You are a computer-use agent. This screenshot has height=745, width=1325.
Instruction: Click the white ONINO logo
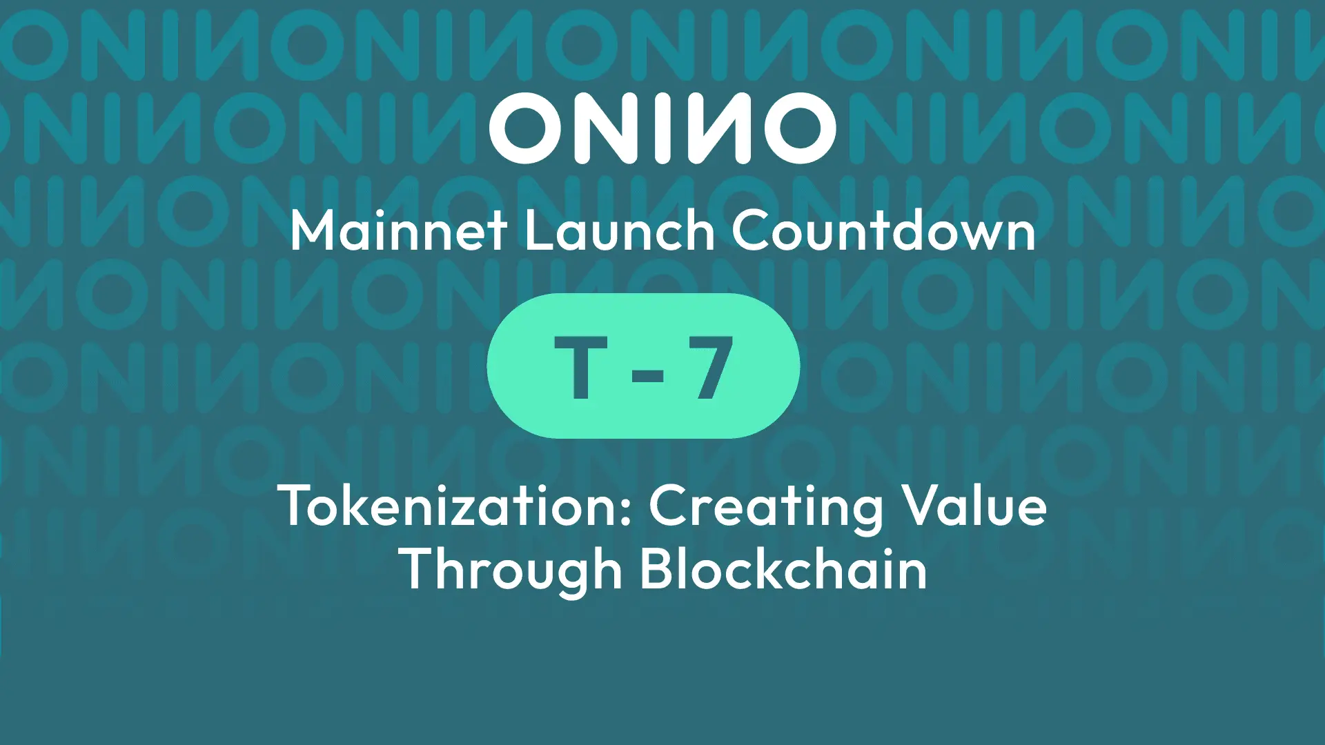(662, 128)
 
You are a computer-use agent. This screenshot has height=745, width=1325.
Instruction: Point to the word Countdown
(883, 230)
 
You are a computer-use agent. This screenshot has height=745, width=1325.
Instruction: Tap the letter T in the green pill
(581, 367)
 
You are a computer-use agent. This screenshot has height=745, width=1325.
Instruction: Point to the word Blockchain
(783, 570)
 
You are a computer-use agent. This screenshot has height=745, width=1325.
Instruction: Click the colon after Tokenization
(626, 512)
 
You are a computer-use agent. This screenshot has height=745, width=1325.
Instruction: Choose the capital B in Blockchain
(656, 570)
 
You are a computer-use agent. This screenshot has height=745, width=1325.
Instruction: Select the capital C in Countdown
(752, 230)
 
